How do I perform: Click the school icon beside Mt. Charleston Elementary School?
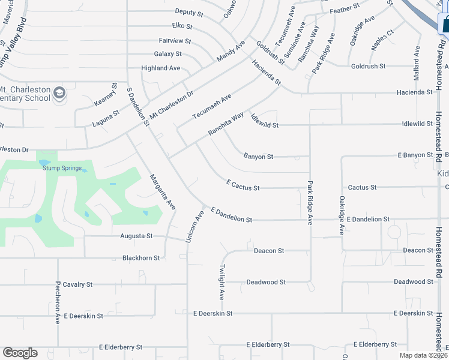[x=59, y=92]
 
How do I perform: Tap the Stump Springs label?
[x=62, y=168]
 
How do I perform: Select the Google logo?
[x=20, y=353]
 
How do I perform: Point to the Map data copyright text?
[x=423, y=355]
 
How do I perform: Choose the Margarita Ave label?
[x=162, y=191]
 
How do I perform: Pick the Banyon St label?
[x=258, y=157]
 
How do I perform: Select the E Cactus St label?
[x=243, y=185]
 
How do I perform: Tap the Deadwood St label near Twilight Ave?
[x=266, y=282]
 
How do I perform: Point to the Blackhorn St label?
[x=141, y=258]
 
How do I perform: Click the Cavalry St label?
[x=77, y=284]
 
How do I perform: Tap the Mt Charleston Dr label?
[x=172, y=103]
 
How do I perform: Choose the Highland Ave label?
[x=160, y=68]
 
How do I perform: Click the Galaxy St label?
[x=167, y=54]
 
